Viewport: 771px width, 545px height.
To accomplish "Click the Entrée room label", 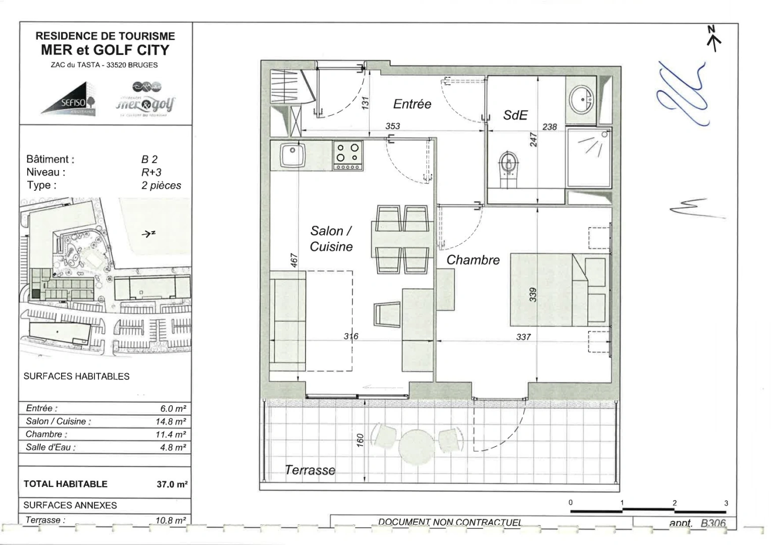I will click(x=412, y=104).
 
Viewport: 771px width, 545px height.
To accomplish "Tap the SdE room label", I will click(x=515, y=115).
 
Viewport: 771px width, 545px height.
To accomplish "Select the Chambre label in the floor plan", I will click(x=473, y=260).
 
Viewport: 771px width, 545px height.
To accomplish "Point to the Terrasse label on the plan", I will click(x=310, y=470).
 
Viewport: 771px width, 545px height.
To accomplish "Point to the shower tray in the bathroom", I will click(x=589, y=157).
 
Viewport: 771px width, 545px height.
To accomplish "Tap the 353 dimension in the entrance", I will click(x=392, y=126).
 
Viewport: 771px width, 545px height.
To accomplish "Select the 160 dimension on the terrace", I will click(x=360, y=441).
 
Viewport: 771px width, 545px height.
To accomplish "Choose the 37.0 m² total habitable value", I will click(x=172, y=484).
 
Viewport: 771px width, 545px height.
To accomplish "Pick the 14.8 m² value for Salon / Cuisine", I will click(x=171, y=421).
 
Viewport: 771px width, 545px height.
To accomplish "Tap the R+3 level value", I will click(x=151, y=172).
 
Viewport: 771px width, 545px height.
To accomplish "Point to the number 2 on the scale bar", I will click(x=674, y=503).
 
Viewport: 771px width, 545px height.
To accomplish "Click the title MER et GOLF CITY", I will click(x=105, y=50).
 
